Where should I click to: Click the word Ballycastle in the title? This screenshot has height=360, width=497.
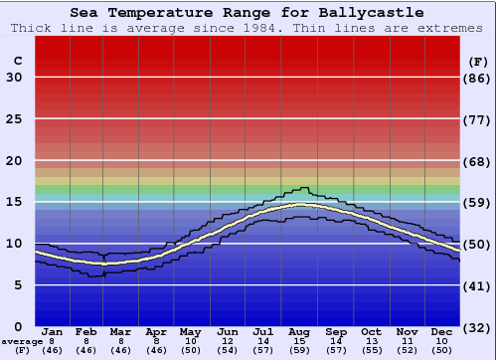point(368,13)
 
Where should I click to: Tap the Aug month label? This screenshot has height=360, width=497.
point(300,331)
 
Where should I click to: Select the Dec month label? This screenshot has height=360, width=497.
point(442,331)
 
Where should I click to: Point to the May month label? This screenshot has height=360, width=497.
point(191,331)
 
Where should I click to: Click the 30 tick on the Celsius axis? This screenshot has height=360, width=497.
point(14,78)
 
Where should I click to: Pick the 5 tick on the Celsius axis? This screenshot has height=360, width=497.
point(18,285)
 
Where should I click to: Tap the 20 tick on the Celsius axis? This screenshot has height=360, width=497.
point(14,161)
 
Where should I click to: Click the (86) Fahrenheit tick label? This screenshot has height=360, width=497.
point(478,78)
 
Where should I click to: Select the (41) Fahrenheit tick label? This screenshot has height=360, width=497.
point(478,285)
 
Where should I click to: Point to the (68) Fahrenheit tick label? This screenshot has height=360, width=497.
point(478,161)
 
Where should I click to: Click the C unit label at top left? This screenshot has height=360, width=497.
point(17,61)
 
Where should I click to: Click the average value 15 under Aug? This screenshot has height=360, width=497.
point(300,341)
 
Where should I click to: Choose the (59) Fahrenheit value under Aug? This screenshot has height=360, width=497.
point(300,351)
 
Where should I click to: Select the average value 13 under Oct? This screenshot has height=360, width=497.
point(371,341)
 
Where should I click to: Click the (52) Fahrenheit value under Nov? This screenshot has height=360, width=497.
point(407,351)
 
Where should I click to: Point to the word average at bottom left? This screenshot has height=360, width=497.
point(22,341)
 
